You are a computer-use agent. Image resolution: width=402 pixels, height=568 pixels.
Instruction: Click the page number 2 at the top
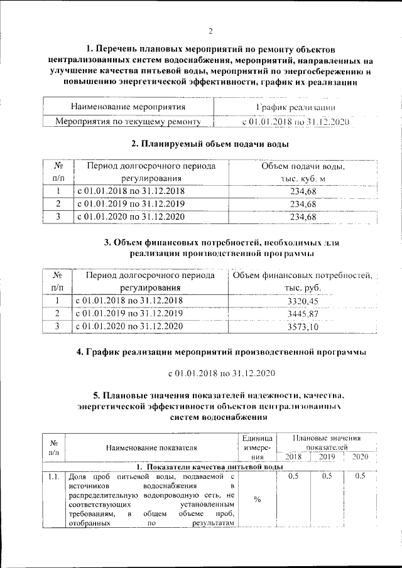click(x=211, y=31)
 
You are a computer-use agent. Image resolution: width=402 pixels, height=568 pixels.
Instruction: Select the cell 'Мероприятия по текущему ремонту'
click(x=128, y=121)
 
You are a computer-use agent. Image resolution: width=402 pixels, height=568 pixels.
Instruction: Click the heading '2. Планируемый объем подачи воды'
click(x=210, y=144)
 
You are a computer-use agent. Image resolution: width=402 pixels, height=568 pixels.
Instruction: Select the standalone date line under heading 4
click(x=222, y=373)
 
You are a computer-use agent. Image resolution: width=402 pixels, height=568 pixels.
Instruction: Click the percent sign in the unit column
click(x=257, y=500)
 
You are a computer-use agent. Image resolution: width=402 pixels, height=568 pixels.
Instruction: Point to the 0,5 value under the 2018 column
click(x=293, y=477)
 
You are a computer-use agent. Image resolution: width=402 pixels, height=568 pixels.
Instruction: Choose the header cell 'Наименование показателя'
click(x=151, y=447)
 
